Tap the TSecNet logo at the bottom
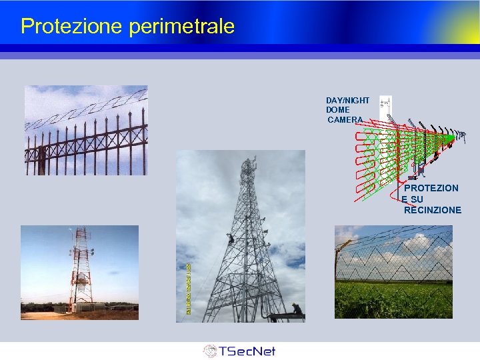coord(239,351)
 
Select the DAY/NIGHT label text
coord(347,100)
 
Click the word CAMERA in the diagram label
coord(345,120)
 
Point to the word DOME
coord(337,110)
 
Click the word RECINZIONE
coord(432,210)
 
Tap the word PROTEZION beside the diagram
coord(431,188)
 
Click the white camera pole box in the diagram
coord(385,105)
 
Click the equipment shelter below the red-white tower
coord(87,307)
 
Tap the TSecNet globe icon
coord(209,351)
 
